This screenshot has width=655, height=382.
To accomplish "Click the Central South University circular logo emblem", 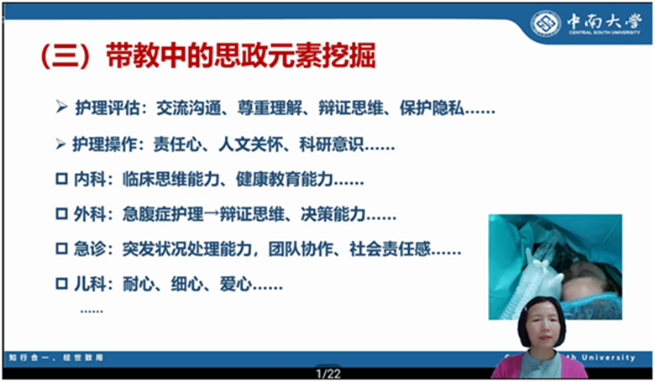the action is tap(545, 24).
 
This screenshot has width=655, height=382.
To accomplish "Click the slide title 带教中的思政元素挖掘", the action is tap(241, 55).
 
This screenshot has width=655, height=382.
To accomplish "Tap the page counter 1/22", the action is tap(328, 374).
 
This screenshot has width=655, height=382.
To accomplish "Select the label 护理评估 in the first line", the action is tap(107, 107).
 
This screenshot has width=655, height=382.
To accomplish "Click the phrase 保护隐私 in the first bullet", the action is tap(432, 107).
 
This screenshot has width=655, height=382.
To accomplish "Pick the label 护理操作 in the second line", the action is tap(105, 144).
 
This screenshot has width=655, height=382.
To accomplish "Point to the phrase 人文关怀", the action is tap(250, 144).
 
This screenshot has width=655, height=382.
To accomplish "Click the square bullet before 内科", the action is tap(61, 180).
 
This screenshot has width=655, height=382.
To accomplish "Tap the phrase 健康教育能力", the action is tap(284, 180).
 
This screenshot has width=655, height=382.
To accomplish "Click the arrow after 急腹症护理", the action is tap(212, 215).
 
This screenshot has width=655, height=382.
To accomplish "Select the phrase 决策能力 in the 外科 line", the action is tap(333, 215).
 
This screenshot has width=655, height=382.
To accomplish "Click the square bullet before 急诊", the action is tap(61, 249).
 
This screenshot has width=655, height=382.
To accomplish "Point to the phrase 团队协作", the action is tap(301, 249).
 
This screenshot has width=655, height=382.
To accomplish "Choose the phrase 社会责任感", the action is tap(390, 249).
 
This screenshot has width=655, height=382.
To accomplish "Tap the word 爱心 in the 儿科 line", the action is tap(236, 285).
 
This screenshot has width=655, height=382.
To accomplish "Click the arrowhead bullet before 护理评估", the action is tap(61, 107).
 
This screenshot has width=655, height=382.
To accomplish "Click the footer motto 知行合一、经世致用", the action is tap(56, 358).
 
